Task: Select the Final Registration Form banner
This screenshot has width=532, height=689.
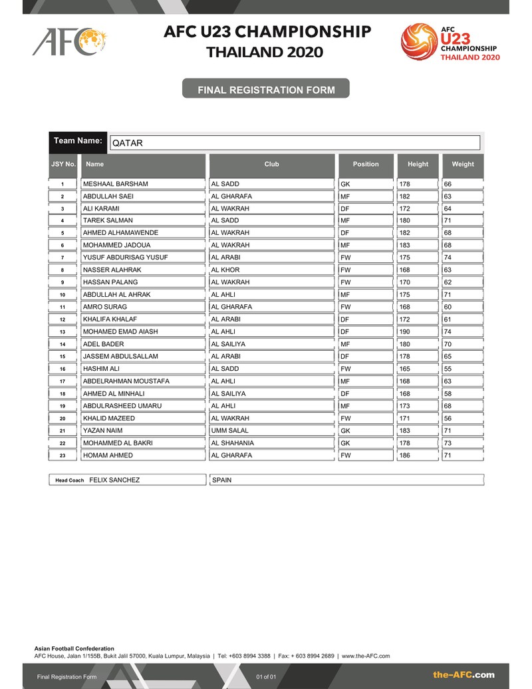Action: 265,89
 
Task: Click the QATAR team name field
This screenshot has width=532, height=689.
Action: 294,142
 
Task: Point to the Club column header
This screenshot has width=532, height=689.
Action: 271,164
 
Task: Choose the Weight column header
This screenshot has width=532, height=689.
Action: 463,164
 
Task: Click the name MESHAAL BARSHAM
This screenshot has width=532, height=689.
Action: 115,184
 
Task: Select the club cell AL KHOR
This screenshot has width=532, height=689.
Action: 225,270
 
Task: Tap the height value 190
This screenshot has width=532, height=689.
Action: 404,332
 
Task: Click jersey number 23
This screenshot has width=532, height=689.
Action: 63,455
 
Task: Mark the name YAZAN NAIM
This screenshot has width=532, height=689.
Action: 100,431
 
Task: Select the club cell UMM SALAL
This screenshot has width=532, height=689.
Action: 229,431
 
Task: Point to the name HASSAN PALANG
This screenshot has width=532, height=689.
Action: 110,282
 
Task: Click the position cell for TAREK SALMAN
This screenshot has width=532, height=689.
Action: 346,220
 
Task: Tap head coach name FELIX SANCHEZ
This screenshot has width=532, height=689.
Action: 114,480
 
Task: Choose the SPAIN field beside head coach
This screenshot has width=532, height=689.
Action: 221,480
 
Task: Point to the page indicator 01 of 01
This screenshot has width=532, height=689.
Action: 265,677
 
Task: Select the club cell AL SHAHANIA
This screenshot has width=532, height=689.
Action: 232,443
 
